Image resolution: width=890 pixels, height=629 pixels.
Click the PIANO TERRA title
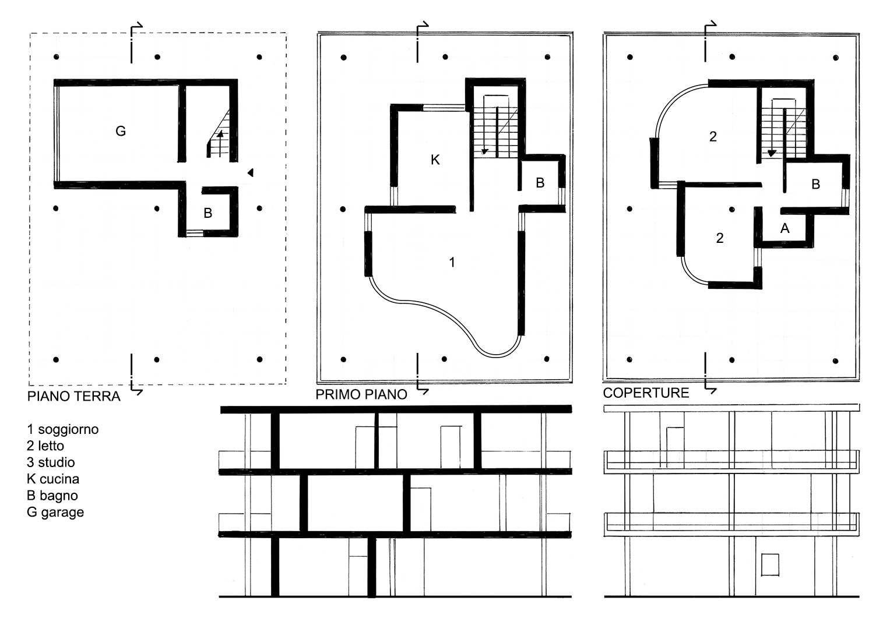(x=73, y=396)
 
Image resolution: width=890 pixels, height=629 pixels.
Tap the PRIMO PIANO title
(x=361, y=394)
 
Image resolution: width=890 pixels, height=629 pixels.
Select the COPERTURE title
(x=646, y=393)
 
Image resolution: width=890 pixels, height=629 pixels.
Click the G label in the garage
(x=121, y=130)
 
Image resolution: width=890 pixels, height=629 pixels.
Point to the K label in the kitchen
(x=435, y=160)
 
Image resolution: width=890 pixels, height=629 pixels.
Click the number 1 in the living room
(x=452, y=262)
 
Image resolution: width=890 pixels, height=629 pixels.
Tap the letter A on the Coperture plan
(x=785, y=228)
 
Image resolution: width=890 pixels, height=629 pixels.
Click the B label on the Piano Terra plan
(x=208, y=213)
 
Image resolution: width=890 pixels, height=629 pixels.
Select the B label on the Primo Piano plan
(x=540, y=183)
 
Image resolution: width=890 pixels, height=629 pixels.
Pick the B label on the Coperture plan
(x=816, y=184)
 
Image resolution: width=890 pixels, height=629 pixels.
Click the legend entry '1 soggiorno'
(x=63, y=429)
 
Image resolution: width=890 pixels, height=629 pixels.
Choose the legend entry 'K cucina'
(x=53, y=479)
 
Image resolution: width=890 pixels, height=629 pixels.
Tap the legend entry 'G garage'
(x=55, y=513)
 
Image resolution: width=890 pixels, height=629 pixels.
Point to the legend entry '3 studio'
(x=51, y=462)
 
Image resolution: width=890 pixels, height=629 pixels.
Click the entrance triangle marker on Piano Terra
(x=250, y=172)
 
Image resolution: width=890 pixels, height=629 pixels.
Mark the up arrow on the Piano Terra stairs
(x=220, y=143)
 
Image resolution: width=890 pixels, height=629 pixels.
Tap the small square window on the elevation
(x=770, y=565)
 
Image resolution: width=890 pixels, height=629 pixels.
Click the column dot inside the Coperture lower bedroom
(x=732, y=209)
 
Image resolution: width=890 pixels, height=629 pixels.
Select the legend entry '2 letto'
(x=45, y=446)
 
